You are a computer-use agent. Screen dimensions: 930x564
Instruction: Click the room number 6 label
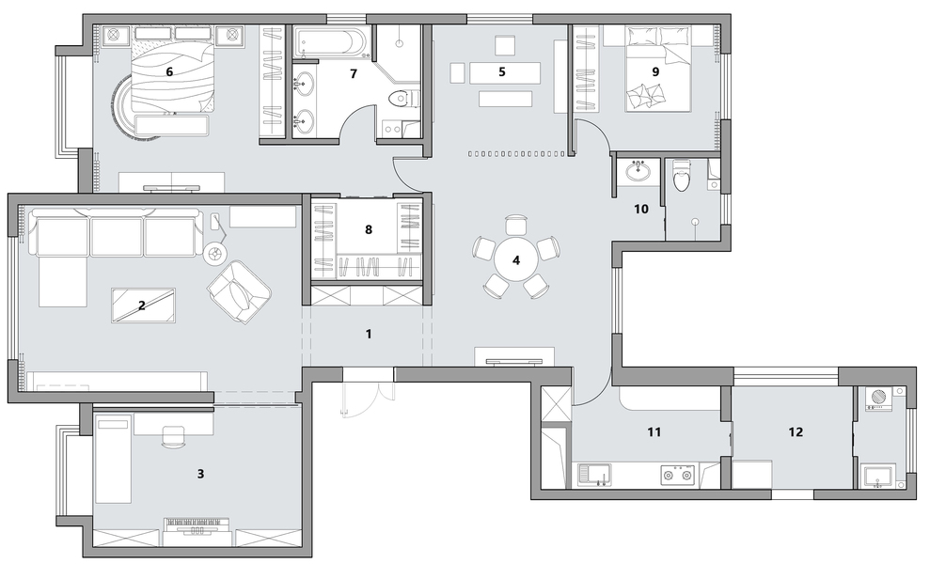pyautogui.click(x=169, y=71)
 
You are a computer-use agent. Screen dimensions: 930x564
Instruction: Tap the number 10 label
pyautogui.click(x=641, y=209)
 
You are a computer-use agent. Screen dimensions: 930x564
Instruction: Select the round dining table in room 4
pyautogui.click(x=516, y=259)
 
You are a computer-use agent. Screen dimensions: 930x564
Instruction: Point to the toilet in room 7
pyautogui.click(x=405, y=99)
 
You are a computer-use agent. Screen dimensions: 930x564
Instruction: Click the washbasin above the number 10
pyautogui.click(x=638, y=171)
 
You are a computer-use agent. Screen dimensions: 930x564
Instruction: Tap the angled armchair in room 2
pyautogui.click(x=239, y=291)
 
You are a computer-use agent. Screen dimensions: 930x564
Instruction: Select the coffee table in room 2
pyautogui.click(x=144, y=305)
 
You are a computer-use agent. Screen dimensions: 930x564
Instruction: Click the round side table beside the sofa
pyautogui.click(x=214, y=254)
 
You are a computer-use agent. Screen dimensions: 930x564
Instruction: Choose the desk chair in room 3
pyautogui.click(x=173, y=436)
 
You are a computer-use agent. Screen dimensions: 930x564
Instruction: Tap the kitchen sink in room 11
pyautogui.click(x=595, y=475)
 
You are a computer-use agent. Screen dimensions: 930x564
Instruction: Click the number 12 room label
pyautogui.click(x=796, y=432)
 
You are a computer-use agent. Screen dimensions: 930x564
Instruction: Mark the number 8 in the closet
pyautogui.click(x=369, y=229)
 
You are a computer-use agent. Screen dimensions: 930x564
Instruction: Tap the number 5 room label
pyautogui.click(x=502, y=71)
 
